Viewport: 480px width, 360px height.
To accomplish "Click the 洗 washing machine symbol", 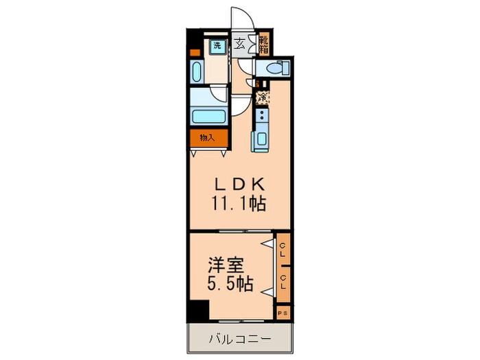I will tap(217, 47).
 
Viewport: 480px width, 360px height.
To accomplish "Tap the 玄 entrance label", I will tap(240, 45).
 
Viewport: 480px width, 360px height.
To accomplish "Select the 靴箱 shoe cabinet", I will tap(264, 45).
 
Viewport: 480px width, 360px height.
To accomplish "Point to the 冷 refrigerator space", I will tap(262, 97).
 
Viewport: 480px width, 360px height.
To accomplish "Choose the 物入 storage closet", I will tap(208, 138).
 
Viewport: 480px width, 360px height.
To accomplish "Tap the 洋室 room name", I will tap(224, 264).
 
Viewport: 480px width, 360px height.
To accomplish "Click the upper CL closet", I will tap(283, 252).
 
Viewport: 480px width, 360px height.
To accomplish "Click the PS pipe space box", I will tap(283, 313).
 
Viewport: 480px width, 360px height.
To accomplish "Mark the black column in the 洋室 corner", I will tap(198, 310).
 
